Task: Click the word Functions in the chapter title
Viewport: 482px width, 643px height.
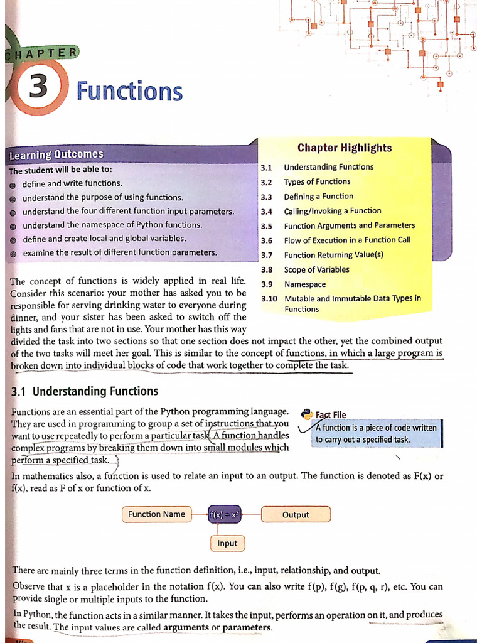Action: point(129,92)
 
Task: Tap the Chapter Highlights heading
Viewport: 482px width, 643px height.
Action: point(344,148)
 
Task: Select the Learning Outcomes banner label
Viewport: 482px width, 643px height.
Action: point(56,154)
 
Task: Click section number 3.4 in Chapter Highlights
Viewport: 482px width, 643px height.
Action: point(266,212)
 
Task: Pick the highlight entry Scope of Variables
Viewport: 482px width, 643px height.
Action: point(316,270)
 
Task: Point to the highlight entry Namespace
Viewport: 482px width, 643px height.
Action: point(305,284)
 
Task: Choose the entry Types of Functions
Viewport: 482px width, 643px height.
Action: point(317,182)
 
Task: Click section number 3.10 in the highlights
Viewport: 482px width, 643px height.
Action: point(269,299)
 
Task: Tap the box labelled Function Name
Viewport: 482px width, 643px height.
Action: point(156,514)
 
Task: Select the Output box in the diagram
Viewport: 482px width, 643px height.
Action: point(296,515)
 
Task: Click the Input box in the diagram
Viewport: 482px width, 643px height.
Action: point(227,543)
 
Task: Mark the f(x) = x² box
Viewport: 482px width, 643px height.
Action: point(224,514)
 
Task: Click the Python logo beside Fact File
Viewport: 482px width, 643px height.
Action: point(307,414)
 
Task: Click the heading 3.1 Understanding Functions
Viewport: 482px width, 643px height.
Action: point(85,391)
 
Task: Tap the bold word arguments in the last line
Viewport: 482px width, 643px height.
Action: point(185,628)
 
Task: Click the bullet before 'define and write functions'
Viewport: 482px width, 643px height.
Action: point(13,185)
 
